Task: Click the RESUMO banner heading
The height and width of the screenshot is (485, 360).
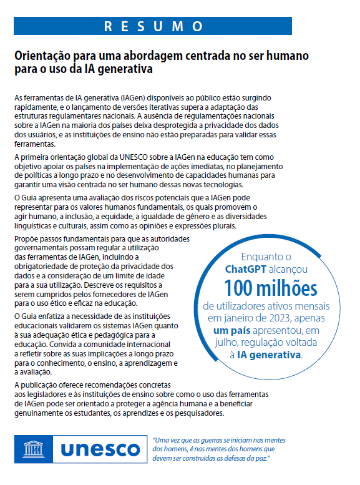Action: (153, 26)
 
